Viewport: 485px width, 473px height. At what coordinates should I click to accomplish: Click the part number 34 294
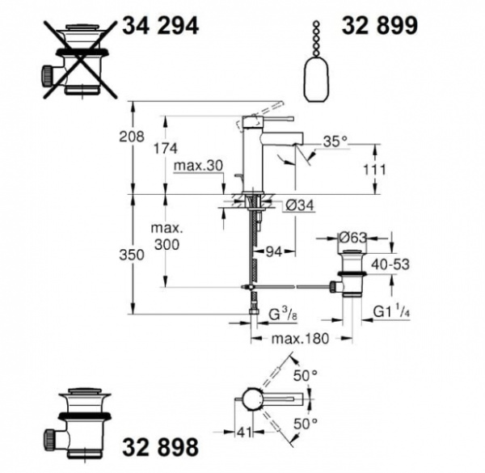(x=159, y=26)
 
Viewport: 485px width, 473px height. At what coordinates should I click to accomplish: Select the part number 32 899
(x=379, y=26)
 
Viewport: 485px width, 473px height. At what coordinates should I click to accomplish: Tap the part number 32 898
(x=159, y=446)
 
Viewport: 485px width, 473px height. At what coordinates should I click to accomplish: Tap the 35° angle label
(x=334, y=141)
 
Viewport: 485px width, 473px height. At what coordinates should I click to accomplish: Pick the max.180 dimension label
(x=300, y=339)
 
